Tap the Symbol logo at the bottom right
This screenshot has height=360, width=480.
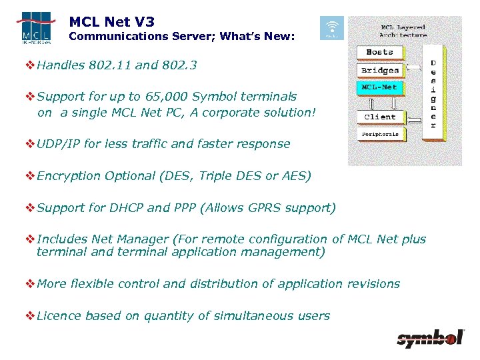[x=429, y=339]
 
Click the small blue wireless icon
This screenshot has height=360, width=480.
[x=332, y=28]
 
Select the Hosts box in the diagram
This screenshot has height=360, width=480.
[x=379, y=52]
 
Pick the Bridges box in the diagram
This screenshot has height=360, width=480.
[x=379, y=71]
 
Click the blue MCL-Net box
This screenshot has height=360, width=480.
[x=379, y=87]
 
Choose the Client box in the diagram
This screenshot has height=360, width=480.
[x=379, y=117]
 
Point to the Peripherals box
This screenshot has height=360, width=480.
[x=379, y=134]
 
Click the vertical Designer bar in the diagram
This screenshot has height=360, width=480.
[x=433, y=93]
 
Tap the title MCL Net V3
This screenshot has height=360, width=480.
[x=111, y=22]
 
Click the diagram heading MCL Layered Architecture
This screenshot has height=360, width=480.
[x=403, y=30]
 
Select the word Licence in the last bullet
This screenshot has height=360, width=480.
[x=59, y=316]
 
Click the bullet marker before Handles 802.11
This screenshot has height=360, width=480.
[x=30, y=65]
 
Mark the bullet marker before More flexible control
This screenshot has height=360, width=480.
[x=30, y=284]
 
